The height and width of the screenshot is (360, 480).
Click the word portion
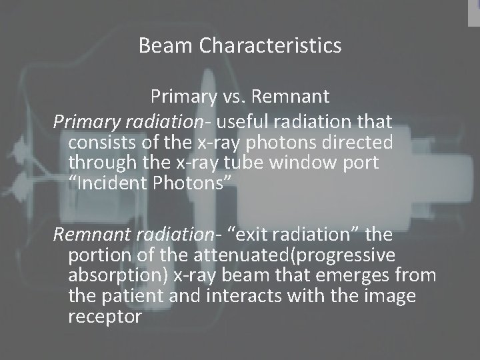pos(97,257)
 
